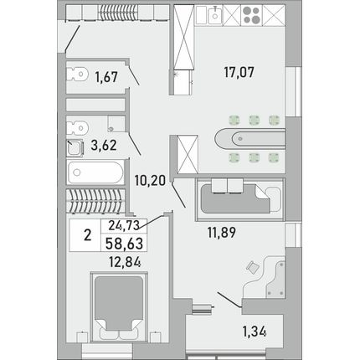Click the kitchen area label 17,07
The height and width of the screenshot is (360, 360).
(239, 72)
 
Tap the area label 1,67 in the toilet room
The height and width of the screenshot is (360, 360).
(106, 77)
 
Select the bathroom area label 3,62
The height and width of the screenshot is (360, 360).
(104, 146)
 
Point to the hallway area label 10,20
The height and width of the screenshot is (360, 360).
(150, 180)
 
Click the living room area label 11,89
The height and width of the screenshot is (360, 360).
(222, 233)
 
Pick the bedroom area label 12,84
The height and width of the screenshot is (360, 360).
(125, 262)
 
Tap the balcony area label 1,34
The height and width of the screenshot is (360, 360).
(255, 332)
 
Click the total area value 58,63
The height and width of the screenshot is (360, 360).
(124, 243)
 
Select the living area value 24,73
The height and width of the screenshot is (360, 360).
(124, 225)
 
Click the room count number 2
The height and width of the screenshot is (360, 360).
(88, 236)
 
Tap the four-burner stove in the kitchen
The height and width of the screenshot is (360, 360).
(251, 15)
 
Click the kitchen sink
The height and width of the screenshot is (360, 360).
(214, 16)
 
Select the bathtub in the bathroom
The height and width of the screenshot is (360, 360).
(95, 172)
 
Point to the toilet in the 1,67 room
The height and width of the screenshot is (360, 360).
(77, 74)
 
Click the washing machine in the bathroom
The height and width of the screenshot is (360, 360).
(75, 148)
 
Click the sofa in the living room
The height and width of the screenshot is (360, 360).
(240, 199)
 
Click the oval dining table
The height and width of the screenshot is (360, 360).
(249, 139)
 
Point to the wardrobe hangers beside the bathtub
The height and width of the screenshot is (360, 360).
(95, 201)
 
